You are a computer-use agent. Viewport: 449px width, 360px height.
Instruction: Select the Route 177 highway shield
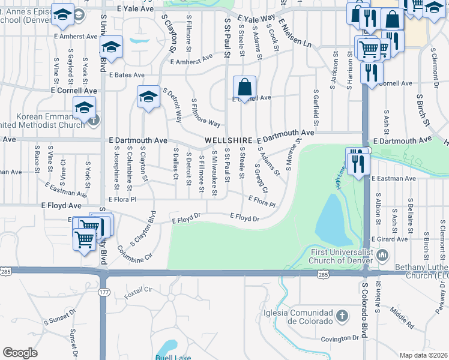point(103,292)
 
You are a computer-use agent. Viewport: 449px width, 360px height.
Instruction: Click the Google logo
point(20,353)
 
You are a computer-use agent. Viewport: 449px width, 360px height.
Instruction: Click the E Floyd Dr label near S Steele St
point(246,218)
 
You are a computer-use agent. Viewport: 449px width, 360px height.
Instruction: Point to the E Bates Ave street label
point(127,75)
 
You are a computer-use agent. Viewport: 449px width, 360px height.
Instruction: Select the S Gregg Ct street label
point(261,178)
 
